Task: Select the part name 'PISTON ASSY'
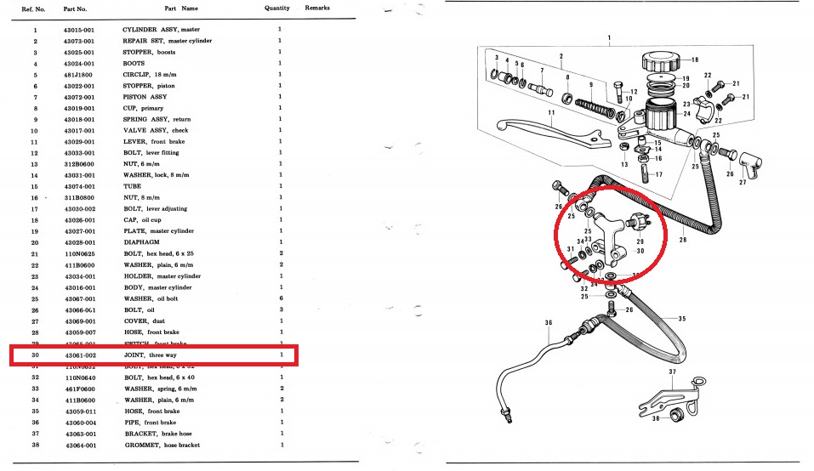coord(145,97)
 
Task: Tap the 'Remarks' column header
coord(317,9)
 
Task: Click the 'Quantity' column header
coord(276,9)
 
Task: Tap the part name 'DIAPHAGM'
coord(141,242)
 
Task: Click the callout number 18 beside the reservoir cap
coord(694,60)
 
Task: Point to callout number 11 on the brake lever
coord(551,112)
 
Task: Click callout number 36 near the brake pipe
coord(549,322)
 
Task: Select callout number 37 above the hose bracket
coord(672,372)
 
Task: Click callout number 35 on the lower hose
coord(681,318)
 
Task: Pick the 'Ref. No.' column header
coord(35,9)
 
